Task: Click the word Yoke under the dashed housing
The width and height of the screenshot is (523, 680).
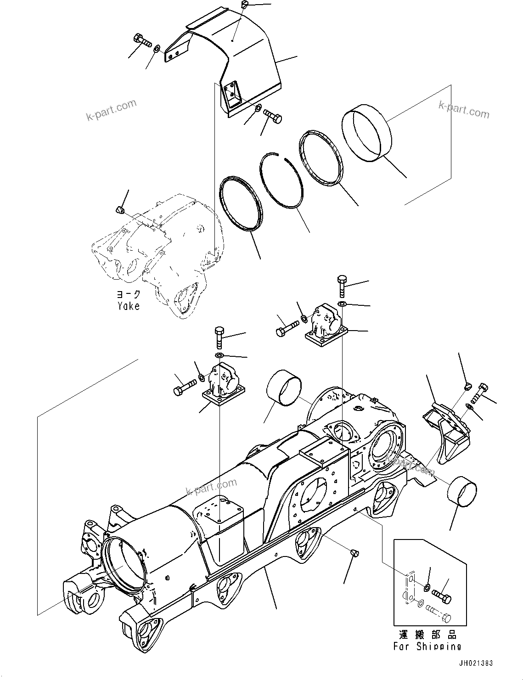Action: [128, 306]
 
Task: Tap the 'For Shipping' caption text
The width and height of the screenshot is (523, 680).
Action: [427, 646]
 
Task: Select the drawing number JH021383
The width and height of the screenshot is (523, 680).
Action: [495, 663]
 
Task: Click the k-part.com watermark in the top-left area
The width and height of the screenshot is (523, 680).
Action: [111, 111]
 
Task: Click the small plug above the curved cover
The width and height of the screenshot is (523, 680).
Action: [244, 5]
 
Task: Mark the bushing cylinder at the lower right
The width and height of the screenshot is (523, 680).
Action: [461, 492]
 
